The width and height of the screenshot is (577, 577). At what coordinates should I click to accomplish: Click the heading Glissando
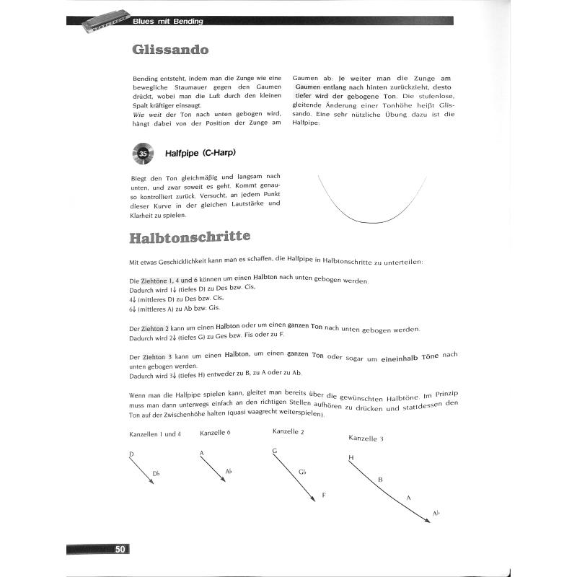click(x=171, y=50)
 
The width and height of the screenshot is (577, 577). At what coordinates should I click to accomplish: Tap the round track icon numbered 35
click(x=143, y=154)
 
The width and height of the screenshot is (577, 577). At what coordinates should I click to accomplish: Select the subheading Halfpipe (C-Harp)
click(x=201, y=154)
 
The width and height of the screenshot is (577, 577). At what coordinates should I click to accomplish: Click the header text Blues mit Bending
click(x=168, y=21)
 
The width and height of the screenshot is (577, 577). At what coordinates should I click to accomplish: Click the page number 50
click(x=120, y=550)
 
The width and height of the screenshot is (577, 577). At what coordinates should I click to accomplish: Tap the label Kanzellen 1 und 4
click(x=155, y=434)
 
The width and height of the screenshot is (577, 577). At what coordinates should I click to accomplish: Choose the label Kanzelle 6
click(x=215, y=433)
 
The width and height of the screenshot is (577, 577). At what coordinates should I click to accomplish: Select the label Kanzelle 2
click(x=288, y=431)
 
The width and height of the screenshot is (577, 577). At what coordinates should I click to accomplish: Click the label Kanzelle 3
click(x=366, y=438)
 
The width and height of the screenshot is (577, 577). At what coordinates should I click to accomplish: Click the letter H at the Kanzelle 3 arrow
click(x=351, y=457)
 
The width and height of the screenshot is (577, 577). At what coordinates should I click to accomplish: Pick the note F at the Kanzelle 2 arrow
click(x=324, y=495)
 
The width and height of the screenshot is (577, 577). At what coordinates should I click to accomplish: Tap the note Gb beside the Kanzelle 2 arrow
click(x=303, y=472)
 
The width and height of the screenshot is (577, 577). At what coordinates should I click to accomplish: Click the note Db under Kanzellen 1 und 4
click(x=156, y=473)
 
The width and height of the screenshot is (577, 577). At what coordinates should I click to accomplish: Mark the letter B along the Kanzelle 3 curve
click(x=380, y=479)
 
